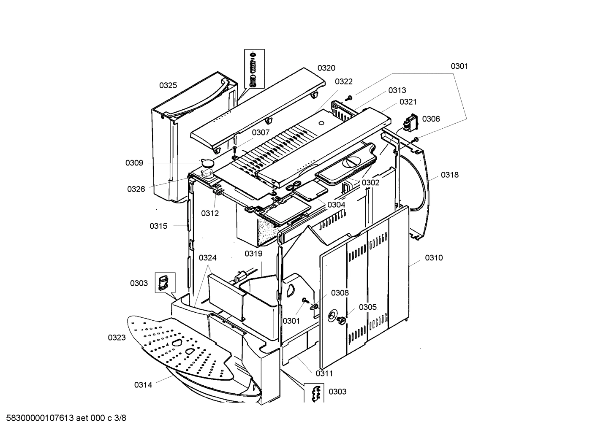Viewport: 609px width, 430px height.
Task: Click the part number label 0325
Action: [x=168, y=85]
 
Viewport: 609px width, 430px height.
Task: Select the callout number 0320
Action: [x=326, y=68]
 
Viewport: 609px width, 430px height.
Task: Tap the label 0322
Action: [x=343, y=81]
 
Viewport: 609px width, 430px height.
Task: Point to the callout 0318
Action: [x=449, y=175]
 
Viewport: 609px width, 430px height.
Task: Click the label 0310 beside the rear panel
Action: [x=434, y=258]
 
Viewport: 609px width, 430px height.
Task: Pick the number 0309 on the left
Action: [x=134, y=163]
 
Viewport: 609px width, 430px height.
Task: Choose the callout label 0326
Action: [x=136, y=189]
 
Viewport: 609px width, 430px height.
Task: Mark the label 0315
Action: [x=158, y=226]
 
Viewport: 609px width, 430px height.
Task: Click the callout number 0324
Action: [x=207, y=258]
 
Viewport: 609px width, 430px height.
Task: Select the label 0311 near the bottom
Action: [x=324, y=373]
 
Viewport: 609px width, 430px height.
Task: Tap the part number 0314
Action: [x=143, y=384]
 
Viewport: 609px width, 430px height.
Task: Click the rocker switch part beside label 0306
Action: [x=410, y=122]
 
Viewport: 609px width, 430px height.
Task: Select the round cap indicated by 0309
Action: [x=207, y=162]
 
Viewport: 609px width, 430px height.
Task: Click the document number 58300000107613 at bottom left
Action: [x=38, y=418]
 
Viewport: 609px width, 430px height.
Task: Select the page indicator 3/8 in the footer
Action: [x=120, y=418]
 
